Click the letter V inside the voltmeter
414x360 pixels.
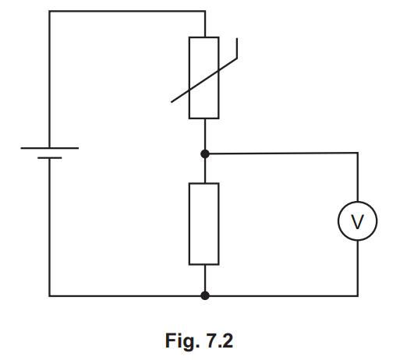pyautogui.click(x=357, y=222)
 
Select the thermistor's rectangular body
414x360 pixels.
pyautogui.click(x=204, y=77)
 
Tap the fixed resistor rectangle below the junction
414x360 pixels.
pyautogui.click(x=204, y=224)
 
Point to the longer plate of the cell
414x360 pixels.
pyautogui.click(x=49, y=147)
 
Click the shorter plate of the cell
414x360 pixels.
pyautogui.click(x=49, y=158)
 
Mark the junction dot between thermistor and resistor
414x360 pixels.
pyautogui.click(x=204, y=154)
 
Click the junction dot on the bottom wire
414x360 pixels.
pyautogui.click(x=204, y=295)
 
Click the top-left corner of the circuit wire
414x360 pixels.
pyautogui.click(x=49, y=11)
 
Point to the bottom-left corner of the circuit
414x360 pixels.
pyautogui.click(x=49, y=295)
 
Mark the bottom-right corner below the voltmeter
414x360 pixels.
pyautogui.click(x=357, y=295)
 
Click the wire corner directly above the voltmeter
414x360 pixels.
pyautogui.click(x=357, y=154)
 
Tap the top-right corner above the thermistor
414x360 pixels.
pyautogui.click(x=204, y=11)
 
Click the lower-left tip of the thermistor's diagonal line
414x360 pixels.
pyautogui.click(x=173, y=102)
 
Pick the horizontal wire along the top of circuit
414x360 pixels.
pyautogui.click(x=125, y=11)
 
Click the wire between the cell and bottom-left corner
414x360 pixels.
pyautogui.click(x=49, y=226)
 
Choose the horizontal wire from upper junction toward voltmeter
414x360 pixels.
pyautogui.click(x=281, y=154)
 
